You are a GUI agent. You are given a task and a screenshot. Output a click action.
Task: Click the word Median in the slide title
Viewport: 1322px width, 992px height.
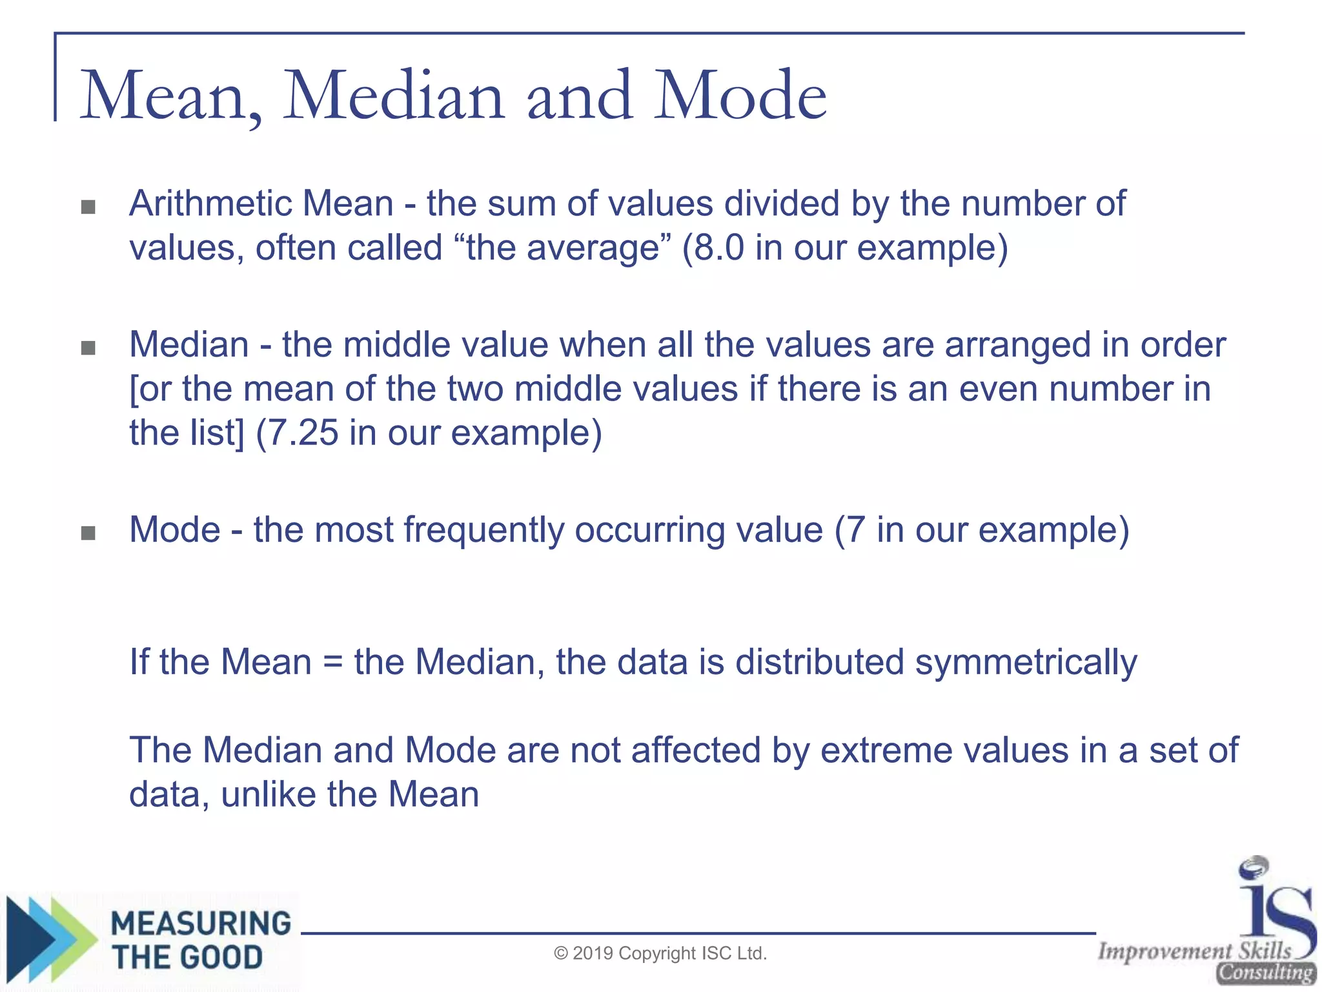(394, 97)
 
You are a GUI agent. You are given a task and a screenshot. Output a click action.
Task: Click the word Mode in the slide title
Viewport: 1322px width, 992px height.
(740, 97)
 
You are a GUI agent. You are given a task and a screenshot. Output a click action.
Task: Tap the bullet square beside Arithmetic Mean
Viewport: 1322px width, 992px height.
(88, 207)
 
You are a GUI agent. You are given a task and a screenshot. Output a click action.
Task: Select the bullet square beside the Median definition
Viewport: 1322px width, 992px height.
(88, 349)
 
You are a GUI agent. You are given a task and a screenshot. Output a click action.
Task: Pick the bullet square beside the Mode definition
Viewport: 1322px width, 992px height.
(88, 533)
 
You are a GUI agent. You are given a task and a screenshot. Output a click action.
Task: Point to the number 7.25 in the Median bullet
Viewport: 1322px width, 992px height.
(302, 433)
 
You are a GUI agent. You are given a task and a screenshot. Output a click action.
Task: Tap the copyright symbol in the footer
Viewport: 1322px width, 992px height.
(561, 954)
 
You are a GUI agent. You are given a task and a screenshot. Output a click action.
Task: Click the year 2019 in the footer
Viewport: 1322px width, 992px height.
(593, 954)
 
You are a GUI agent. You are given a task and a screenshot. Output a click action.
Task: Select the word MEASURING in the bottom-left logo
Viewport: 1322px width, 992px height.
(201, 924)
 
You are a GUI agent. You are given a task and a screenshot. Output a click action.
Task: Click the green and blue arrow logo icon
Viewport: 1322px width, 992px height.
(48, 940)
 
